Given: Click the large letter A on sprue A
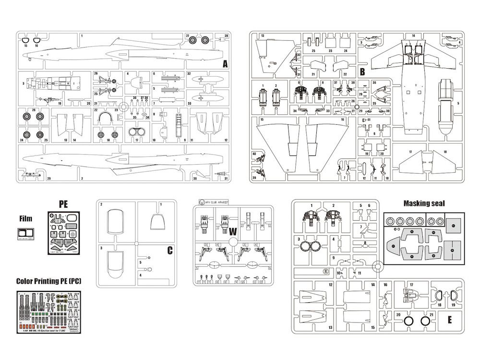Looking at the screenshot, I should (x=224, y=64).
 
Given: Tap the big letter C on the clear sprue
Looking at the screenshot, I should (x=170, y=250).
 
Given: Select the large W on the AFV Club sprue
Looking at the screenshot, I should (x=233, y=231).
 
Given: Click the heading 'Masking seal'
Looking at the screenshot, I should (x=424, y=204).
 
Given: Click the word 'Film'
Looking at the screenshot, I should (x=25, y=219).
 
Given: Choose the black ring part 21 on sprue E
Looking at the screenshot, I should (x=425, y=321).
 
